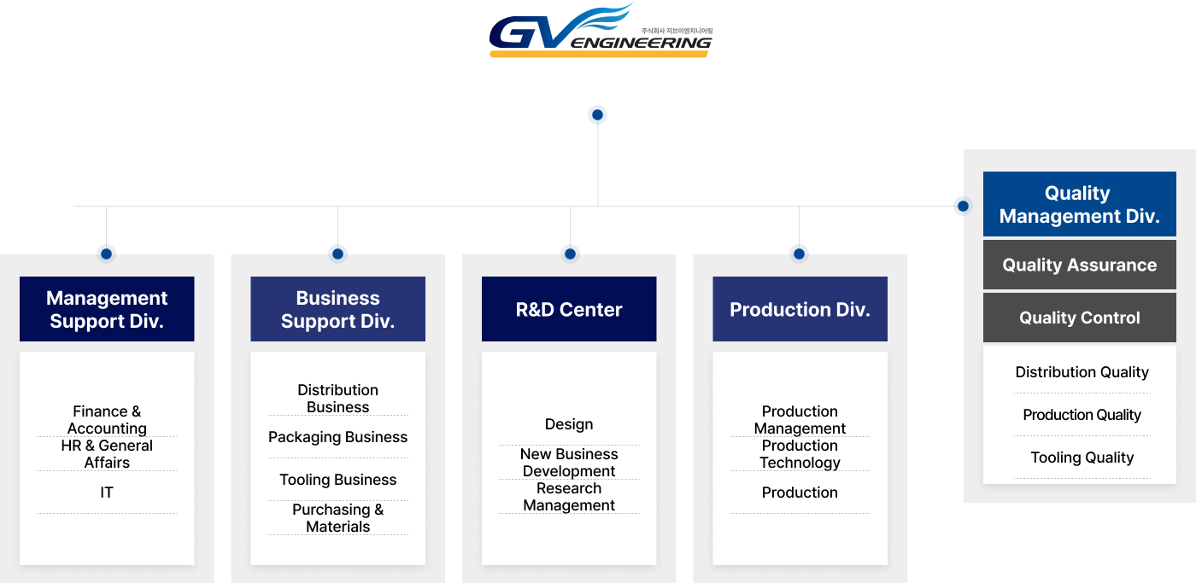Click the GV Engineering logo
(x=600, y=32)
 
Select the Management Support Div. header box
(x=107, y=309)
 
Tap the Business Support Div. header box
(x=337, y=309)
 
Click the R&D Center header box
(x=569, y=309)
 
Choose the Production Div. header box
(x=800, y=309)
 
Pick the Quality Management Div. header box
(x=1079, y=204)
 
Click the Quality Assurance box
(x=1079, y=265)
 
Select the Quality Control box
(x=1079, y=318)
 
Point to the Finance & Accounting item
(x=107, y=419)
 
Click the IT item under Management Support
(x=107, y=493)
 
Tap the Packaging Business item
(x=337, y=437)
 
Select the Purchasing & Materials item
(x=337, y=518)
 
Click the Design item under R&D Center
(x=569, y=424)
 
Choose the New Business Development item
(x=569, y=463)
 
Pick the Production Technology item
(x=800, y=454)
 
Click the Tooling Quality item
(x=1082, y=458)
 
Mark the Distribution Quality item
(x=1082, y=372)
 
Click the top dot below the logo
(x=597, y=114)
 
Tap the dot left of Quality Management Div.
(x=963, y=206)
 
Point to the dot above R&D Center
(x=570, y=254)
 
